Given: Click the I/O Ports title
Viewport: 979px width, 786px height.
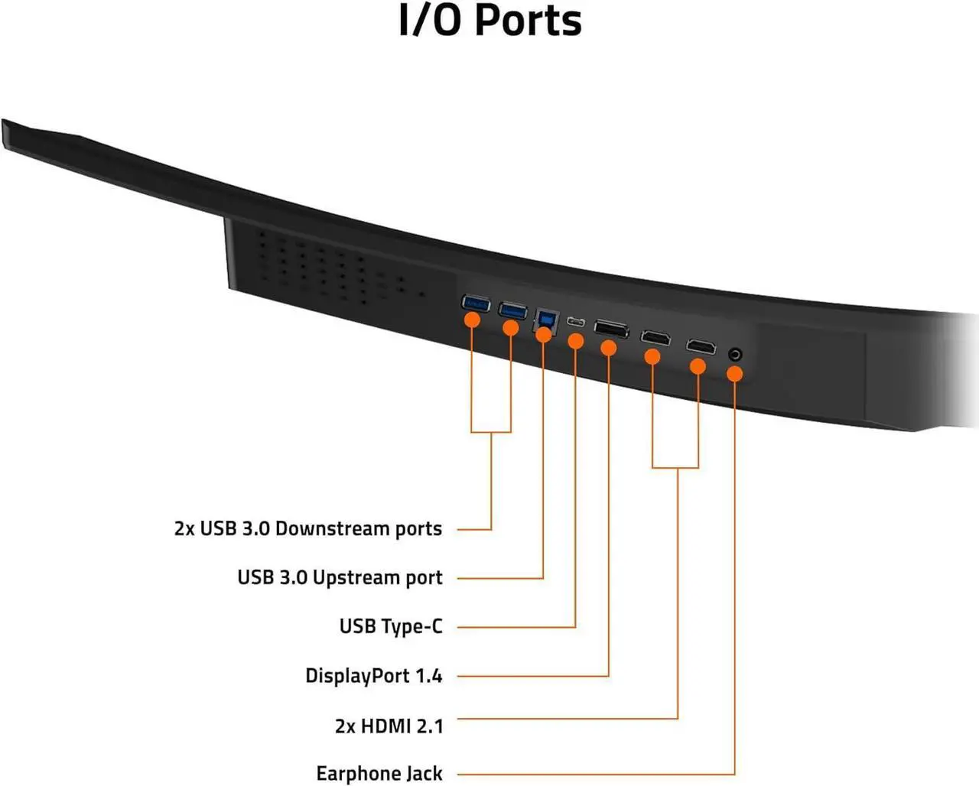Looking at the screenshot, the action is pos(489,21).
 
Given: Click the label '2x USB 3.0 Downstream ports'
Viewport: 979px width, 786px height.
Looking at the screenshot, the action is pos(308,529).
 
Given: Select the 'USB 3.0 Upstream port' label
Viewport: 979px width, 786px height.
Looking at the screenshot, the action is pos(340,577).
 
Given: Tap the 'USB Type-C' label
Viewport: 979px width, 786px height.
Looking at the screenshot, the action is pos(391,627).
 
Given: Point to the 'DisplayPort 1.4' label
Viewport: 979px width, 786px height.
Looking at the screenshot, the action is pos(373,676).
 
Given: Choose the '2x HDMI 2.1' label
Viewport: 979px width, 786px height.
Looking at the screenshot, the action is pos(389,725).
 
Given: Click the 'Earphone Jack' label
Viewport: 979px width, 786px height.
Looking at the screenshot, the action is pos(379,774).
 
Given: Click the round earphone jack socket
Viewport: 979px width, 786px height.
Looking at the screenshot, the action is pos(736,355).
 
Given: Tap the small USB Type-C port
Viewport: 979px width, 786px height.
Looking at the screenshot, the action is pos(576,323).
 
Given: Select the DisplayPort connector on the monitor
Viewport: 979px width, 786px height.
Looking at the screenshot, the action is pos(611,330).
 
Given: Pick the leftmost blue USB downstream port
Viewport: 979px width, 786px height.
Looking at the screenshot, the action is pos(475,304).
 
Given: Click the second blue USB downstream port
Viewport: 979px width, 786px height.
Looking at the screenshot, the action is pos(512,311).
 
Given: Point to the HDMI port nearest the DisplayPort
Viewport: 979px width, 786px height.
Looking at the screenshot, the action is pos(655,337).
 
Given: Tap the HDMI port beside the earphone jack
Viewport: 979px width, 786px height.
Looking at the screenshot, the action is pos(701,347).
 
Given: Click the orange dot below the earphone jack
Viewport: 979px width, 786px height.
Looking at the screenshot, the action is pos(735,374).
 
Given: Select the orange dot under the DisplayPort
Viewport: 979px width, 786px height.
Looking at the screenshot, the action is pos(609,349).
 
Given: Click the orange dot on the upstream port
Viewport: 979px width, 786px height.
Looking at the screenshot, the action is pos(544,334).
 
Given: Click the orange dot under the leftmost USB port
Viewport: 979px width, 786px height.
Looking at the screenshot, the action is pos(473,320).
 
